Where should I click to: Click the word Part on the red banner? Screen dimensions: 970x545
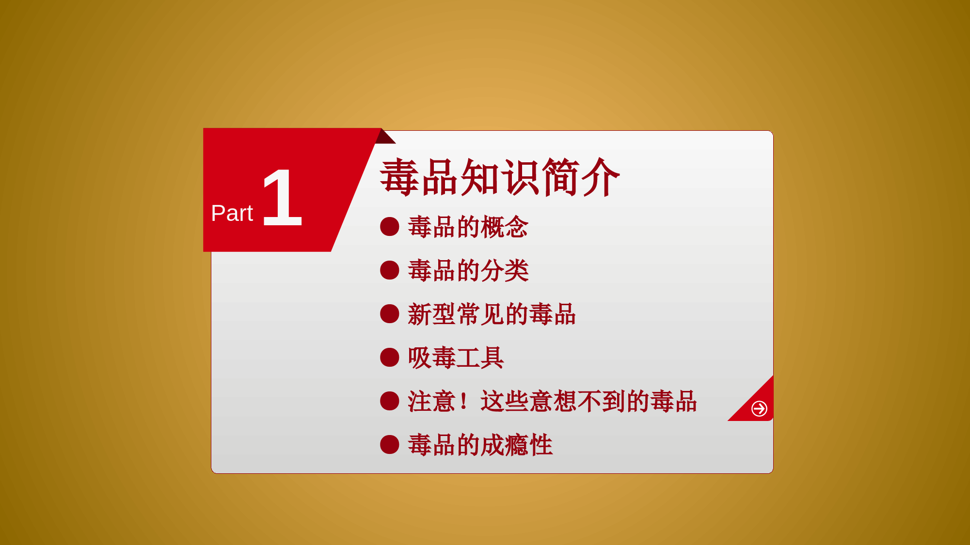coord(232,213)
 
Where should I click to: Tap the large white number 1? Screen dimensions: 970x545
coord(283,198)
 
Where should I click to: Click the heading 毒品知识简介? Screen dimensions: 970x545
coord(500,177)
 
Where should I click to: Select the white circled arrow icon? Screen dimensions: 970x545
coord(759,408)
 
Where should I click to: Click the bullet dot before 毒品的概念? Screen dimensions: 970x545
coord(390,227)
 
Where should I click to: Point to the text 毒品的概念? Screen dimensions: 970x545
coord(468,227)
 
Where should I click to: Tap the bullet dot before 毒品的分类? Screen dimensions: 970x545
coord(390,270)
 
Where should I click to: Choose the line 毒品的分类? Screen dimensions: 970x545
coord(468,270)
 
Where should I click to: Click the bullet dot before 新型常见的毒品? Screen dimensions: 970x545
coord(390,314)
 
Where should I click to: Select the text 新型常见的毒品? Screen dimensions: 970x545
coord(492,314)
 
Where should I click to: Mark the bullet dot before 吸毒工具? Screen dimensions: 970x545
coord(390,358)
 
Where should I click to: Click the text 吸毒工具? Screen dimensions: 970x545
coord(456,358)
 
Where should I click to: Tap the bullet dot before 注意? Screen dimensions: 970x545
coord(390,401)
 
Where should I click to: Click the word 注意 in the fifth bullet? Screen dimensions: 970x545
coord(431,401)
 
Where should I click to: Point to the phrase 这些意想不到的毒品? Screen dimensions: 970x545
coord(588,401)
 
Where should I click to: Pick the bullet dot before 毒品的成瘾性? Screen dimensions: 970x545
coord(390,445)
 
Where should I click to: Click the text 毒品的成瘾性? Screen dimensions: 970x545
coord(480,445)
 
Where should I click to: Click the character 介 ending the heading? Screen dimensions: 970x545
coord(601,177)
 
